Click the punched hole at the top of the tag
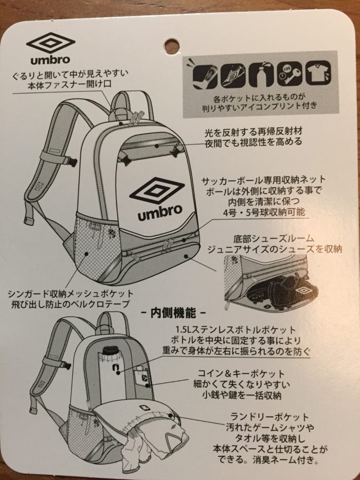[x=172, y=46]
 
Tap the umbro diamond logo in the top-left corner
[x=50, y=43]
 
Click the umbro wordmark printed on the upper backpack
[x=160, y=212]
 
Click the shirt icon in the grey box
[x=317, y=73]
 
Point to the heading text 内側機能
[x=173, y=313]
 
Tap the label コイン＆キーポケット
[x=238, y=374]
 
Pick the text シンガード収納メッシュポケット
[x=71, y=294]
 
